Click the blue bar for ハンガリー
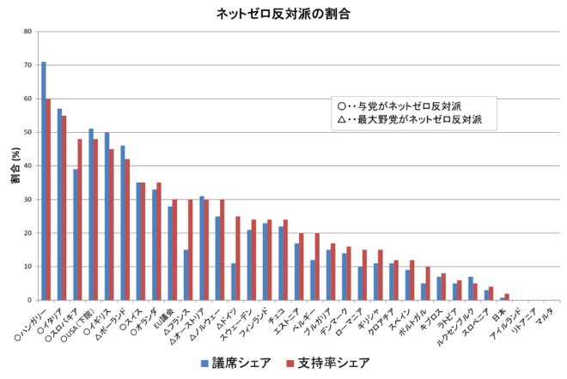[44, 181]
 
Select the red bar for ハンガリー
[49, 200]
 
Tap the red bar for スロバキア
[80, 220]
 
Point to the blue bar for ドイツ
[233, 282]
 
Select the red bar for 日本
[507, 297]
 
